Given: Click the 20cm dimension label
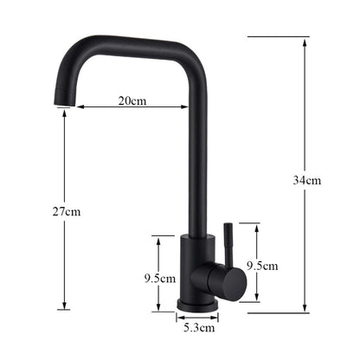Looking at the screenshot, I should point(132,100).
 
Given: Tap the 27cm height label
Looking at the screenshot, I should point(67,211).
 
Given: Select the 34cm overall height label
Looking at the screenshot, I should point(307,181).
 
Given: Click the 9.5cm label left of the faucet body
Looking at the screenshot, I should point(161,279).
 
